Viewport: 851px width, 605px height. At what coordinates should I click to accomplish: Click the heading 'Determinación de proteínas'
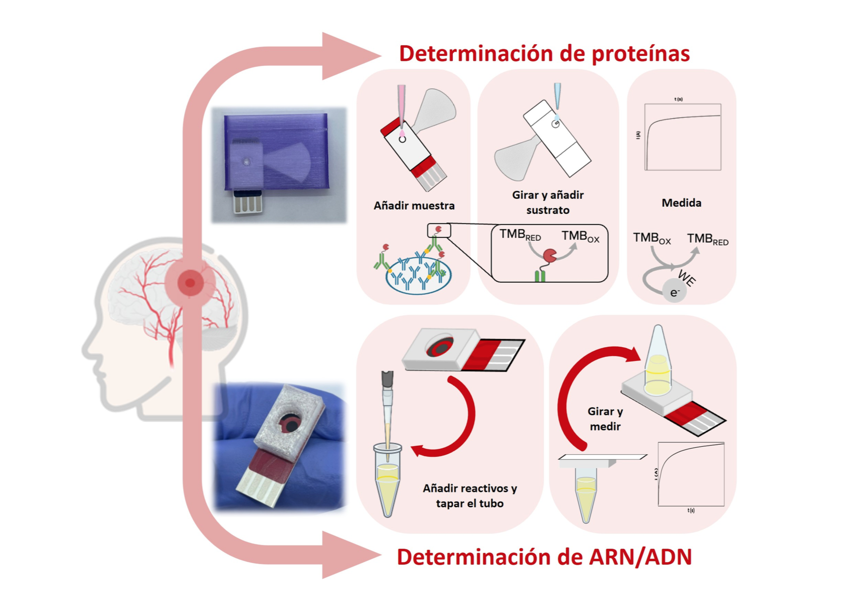click(544, 54)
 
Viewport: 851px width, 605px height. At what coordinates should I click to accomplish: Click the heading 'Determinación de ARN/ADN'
click(544, 557)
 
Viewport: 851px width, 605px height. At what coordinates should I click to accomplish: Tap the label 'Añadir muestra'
click(414, 205)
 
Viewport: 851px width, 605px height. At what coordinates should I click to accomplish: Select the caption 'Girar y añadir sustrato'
click(548, 202)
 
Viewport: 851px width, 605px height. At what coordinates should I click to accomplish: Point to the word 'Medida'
click(681, 203)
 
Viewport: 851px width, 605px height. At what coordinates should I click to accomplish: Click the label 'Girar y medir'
click(605, 419)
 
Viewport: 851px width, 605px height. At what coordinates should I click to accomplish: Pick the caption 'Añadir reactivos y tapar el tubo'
click(469, 496)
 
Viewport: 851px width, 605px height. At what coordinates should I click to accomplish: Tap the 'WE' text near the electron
click(687, 278)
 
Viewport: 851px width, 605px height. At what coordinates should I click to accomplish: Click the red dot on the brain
click(190, 283)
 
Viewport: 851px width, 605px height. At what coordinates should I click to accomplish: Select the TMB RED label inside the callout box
click(520, 235)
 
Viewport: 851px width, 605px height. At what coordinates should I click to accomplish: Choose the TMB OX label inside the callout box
click(580, 236)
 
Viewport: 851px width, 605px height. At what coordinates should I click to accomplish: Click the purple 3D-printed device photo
click(279, 165)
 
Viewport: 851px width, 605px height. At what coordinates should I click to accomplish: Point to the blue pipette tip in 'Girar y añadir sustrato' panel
click(557, 96)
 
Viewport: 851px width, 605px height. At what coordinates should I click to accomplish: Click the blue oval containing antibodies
click(418, 276)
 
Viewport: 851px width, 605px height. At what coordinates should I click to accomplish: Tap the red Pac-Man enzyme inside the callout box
click(550, 256)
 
